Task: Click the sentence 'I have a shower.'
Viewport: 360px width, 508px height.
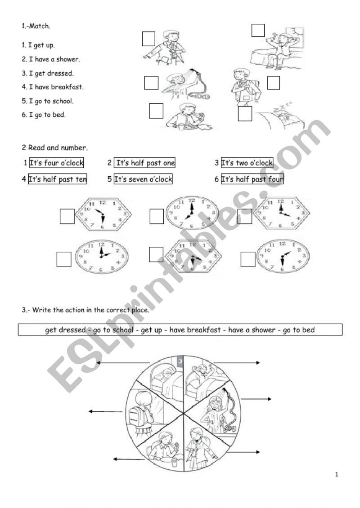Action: coord(51,59)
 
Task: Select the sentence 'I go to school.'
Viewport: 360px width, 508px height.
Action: coord(48,101)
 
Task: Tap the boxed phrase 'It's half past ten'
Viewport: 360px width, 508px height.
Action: coord(58,179)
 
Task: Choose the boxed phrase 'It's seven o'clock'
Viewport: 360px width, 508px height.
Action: coord(143,179)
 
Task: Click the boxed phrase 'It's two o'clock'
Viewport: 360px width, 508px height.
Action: coord(247,163)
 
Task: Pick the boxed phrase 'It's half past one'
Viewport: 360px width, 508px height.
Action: coord(145,163)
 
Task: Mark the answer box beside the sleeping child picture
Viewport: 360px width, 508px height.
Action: coord(245,114)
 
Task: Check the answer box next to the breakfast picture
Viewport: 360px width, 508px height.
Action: coord(156,111)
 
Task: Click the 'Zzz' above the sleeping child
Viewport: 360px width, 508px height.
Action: coord(279,105)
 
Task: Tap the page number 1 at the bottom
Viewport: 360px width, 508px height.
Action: coord(337,474)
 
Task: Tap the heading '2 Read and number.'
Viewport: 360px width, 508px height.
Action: coord(55,147)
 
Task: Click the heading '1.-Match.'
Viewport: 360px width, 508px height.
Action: coord(36,26)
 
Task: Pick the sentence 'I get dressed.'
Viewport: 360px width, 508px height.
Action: coord(48,73)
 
